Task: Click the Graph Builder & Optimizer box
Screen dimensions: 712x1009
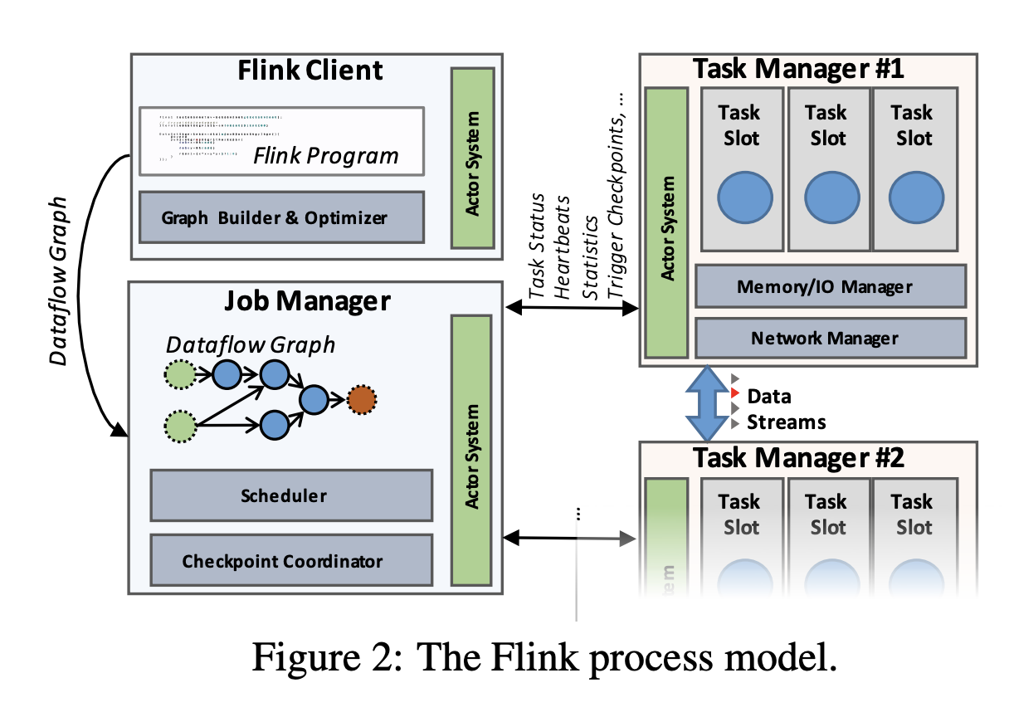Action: tap(281, 217)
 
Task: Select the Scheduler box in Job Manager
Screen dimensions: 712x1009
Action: tap(291, 495)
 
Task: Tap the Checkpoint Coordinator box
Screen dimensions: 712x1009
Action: tap(291, 560)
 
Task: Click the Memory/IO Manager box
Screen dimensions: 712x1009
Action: tap(831, 286)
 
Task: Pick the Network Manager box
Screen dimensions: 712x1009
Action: tap(831, 338)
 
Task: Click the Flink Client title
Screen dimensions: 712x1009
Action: tap(311, 70)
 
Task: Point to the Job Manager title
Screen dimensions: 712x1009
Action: tap(307, 300)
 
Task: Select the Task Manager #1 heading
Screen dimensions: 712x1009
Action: tap(798, 69)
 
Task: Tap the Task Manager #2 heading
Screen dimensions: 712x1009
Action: tap(798, 456)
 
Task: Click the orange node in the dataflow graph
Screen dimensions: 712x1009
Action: tap(362, 400)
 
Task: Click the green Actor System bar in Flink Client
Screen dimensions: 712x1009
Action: tap(472, 158)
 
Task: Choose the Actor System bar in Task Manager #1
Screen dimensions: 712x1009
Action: tap(666, 222)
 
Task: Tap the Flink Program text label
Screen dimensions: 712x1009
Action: tap(325, 155)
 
